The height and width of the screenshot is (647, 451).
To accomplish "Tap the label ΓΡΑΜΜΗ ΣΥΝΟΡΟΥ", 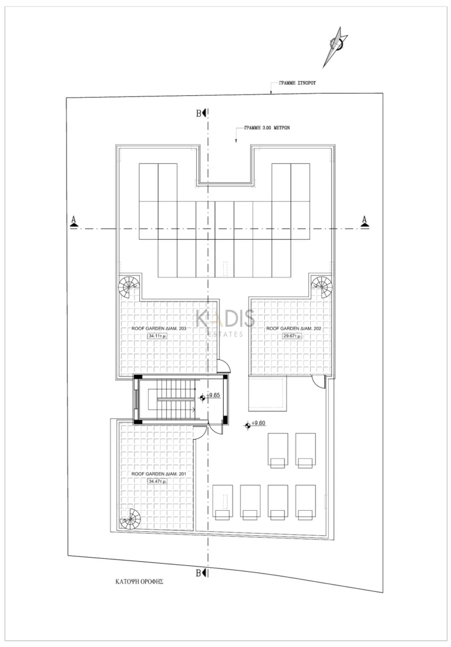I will pos(297,84).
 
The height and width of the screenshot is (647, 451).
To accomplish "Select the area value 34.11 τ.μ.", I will pos(157,336).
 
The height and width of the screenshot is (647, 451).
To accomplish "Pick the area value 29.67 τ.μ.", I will pos(291,336).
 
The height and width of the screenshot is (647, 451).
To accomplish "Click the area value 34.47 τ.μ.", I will pos(157,481).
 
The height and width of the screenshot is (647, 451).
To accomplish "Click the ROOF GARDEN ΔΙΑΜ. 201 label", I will pos(158,472).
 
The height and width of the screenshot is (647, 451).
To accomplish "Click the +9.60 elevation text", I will pos(258,423).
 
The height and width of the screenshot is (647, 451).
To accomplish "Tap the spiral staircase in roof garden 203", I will pos(129,287).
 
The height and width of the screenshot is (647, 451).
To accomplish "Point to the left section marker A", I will pos(74,220).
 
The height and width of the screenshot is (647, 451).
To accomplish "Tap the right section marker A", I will pos(365,220).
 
